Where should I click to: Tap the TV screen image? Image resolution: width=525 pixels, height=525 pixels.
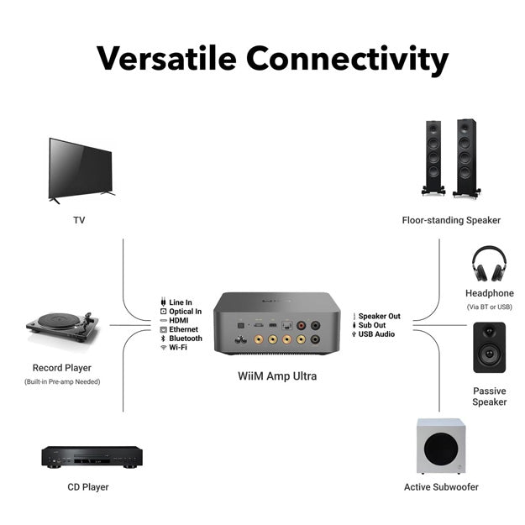point(80,167)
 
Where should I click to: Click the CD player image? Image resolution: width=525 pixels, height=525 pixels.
point(92,456)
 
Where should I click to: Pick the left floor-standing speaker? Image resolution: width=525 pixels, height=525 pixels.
point(433,157)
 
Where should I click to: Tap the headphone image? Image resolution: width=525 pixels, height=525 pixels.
point(489,263)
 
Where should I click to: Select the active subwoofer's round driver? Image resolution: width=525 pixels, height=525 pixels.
point(441,454)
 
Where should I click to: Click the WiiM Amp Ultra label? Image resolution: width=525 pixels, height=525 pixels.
point(276,375)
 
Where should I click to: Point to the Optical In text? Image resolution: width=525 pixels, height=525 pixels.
point(186,311)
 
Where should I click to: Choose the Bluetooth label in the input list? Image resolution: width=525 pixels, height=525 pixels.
point(185,339)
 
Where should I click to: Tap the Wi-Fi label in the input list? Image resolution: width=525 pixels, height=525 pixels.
point(178,347)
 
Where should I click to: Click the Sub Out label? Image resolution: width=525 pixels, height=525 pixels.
point(373,325)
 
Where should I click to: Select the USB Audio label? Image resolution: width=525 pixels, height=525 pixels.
point(376,334)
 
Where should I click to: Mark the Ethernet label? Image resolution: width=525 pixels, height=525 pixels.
point(183,329)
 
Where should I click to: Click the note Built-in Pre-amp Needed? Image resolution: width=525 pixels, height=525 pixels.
point(62,382)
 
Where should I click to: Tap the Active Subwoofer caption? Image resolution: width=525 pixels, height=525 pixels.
point(440,486)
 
